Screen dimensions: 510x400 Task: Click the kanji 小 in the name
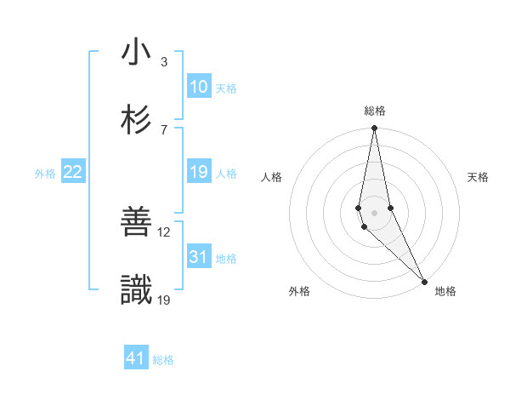coord(135,53)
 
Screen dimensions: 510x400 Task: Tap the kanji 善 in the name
coord(135,222)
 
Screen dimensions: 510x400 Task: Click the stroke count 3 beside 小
coord(163,61)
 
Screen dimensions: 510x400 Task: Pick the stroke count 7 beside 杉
coord(163,129)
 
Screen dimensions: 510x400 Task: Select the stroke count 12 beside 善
coord(165,231)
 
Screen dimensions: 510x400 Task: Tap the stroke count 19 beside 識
coord(165,300)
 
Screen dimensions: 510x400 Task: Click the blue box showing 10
coord(199,87)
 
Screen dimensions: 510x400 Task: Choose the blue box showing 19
coord(199,173)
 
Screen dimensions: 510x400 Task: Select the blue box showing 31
coord(199,257)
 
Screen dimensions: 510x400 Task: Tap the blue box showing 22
coord(73,173)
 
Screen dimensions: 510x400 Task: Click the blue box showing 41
coord(136,358)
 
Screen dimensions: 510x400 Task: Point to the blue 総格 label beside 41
coord(163,360)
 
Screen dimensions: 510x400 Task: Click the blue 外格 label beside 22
coord(45,174)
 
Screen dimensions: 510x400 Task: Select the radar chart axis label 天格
coord(479,177)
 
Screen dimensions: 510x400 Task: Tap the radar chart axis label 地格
coord(445,291)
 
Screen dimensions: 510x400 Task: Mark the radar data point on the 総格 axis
coord(374,129)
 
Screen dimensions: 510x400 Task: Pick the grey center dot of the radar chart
coord(374,212)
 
